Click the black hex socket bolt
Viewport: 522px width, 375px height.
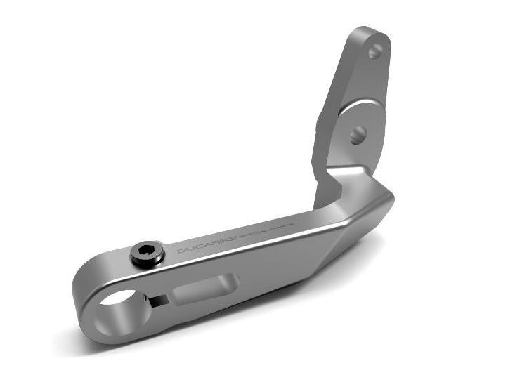(148, 253)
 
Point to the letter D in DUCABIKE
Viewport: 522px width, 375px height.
(181, 251)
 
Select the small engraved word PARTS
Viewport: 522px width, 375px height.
(289, 226)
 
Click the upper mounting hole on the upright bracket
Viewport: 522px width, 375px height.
(375, 51)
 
